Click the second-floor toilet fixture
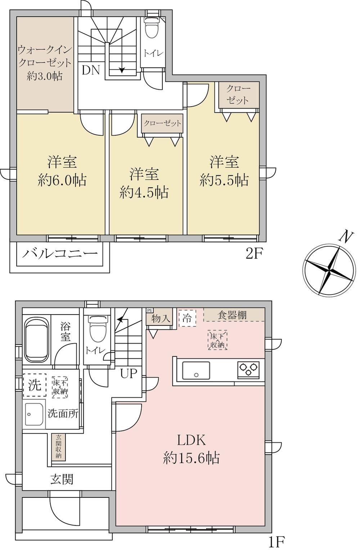pyautogui.click(x=151, y=27)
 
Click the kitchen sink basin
pyautogui.click(x=196, y=370)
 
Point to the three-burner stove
pyautogui.click(x=248, y=370)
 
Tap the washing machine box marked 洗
pyautogui.click(x=35, y=385)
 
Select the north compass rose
pyautogui.click(x=329, y=269)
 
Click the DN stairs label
pyautogui.click(x=91, y=71)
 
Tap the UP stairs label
pyautogui.click(x=128, y=374)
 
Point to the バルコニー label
pyautogui.click(x=60, y=253)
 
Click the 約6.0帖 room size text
pyautogui.click(x=62, y=180)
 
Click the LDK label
pyautogui.click(x=191, y=441)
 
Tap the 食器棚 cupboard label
pyautogui.click(x=232, y=315)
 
